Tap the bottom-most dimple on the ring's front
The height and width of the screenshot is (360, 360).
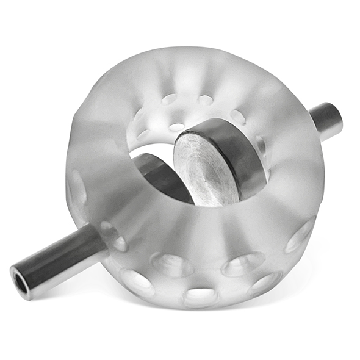(201, 297)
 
